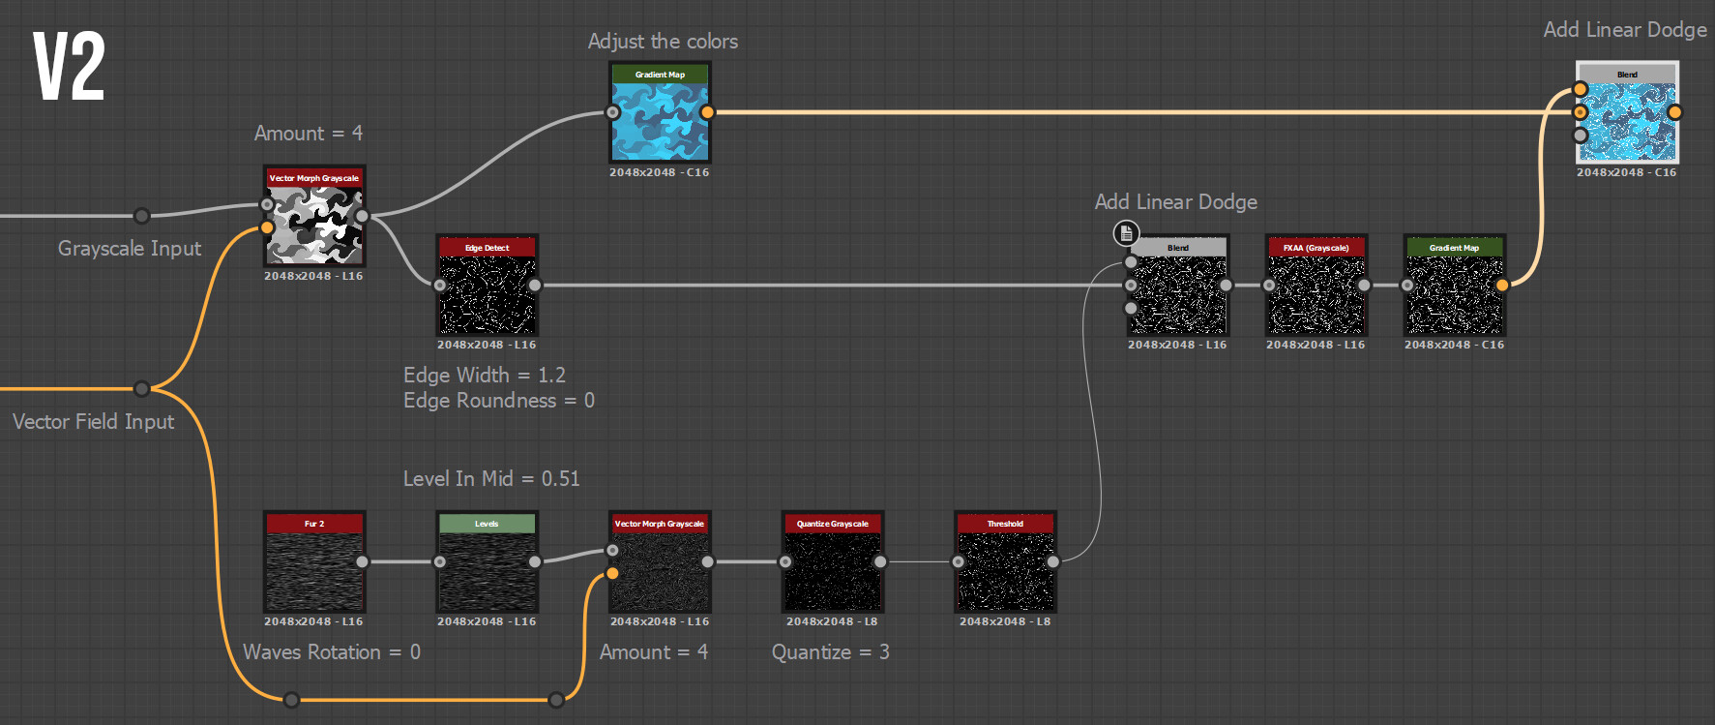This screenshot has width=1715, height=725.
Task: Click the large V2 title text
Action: point(69,66)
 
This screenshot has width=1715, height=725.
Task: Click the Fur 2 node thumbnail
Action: point(314,570)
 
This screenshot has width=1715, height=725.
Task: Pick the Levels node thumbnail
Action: point(487,570)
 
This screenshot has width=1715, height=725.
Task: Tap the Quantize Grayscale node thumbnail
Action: point(832,570)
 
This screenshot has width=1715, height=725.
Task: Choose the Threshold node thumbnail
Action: point(1005,570)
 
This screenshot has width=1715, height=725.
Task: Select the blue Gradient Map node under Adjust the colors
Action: point(660,120)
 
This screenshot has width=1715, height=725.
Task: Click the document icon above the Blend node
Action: point(1126,233)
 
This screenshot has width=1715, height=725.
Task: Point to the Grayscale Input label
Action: point(130,249)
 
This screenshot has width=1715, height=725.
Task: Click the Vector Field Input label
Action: point(94,422)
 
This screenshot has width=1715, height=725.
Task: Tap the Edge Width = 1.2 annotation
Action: point(485,375)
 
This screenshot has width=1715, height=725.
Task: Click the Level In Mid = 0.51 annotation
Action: point(491,478)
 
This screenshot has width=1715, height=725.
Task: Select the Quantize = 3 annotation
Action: point(830,652)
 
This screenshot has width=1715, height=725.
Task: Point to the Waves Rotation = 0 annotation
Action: point(332,652)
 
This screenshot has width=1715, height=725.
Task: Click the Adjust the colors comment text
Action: point(663,42)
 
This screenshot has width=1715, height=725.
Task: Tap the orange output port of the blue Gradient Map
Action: point(708,112)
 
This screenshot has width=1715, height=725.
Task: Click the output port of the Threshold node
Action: point(1053,561)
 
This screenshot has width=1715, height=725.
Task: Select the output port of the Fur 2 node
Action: point(362,561)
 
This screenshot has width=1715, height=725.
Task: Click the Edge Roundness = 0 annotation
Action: point(499,401)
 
